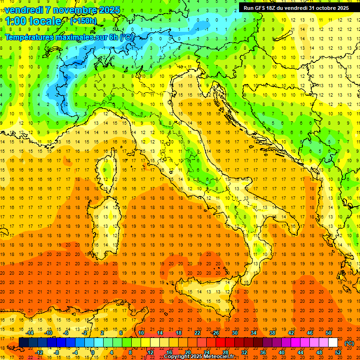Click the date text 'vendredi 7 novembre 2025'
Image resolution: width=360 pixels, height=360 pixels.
point(62,10)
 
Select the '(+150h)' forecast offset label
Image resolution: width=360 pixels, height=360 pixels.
point(83,21)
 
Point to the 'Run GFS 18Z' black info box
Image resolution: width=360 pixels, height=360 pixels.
point(297,7)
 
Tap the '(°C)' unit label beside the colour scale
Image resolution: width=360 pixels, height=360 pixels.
point(349,343)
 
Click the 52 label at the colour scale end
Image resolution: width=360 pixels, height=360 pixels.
point(338,352)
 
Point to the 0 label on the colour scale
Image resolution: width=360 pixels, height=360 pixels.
point(93,352)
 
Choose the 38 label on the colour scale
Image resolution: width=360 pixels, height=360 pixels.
point(272,333)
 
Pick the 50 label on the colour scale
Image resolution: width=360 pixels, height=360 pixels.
point(329,333)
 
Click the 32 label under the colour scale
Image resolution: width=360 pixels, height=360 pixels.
point(244,352)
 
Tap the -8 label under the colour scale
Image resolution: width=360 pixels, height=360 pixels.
point(56,352)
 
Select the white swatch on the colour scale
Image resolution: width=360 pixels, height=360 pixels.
point(333,343)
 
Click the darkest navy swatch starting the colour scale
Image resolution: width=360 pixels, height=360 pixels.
point(23,343)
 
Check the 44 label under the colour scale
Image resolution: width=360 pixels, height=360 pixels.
point(300,352)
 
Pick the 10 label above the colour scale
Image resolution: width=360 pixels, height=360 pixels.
point(141,333)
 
